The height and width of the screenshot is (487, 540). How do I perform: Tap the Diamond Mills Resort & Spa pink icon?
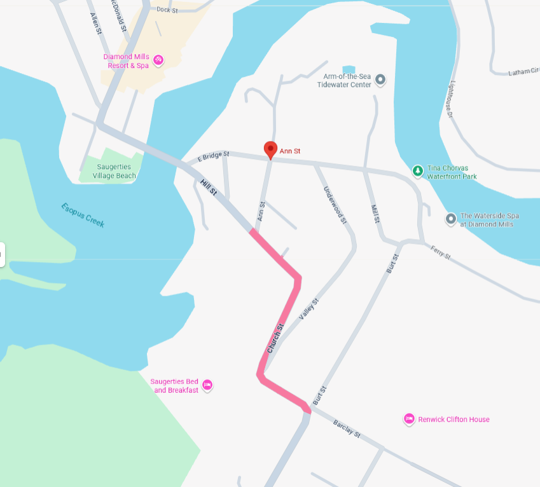coord(158,61)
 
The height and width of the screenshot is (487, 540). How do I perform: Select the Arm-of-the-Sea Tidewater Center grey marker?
coord(380,79)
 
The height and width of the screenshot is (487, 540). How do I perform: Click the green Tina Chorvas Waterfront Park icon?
coord(417,170)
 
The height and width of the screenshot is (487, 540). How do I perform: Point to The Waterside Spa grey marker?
coord(451,219)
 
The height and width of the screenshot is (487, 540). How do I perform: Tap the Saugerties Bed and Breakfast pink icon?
coord(207,385)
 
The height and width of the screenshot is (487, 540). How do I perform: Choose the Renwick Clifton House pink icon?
coord(409,419)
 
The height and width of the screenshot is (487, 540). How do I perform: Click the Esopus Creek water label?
coord(83,215)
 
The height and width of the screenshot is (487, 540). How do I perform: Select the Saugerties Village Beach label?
coord(114,171)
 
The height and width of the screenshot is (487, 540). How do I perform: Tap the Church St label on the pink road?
coord(275,338)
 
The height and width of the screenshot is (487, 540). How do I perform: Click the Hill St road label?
coord(209,188)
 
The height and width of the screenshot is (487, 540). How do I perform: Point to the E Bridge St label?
coord(213,154)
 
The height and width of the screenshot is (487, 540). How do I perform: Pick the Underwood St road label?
coord(335,205)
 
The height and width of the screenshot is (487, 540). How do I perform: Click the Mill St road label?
coord(375,213)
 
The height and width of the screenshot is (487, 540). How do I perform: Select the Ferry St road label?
coord(440,252)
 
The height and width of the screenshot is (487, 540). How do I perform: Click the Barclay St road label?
coord(347,429)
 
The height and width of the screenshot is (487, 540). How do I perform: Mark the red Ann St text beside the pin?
coord(290,151)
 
